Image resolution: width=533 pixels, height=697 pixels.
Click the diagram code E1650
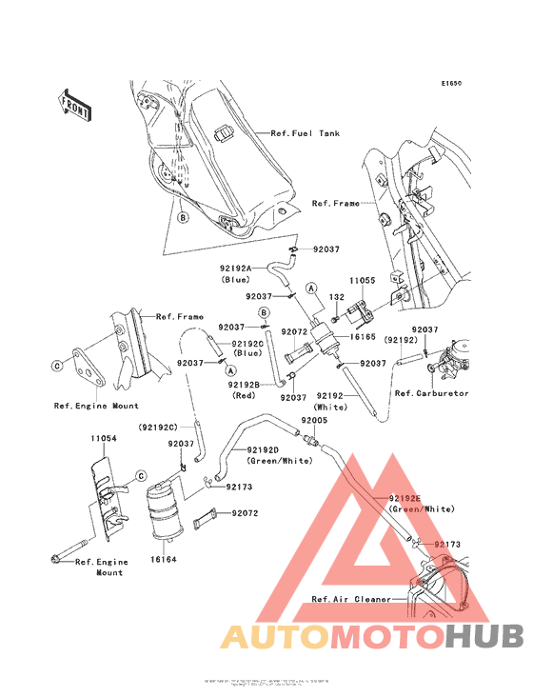click(x=450, y=84)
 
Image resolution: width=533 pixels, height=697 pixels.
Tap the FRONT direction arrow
click(x=75, y=105)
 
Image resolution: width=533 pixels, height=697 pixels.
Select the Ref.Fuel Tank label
click(x=305, y=133)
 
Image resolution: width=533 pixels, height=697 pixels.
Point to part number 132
click(x=336, y=297)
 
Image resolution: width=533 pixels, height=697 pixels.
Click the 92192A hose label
click(x=234, y=269)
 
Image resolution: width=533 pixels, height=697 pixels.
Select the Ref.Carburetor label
click(x=431, y=392)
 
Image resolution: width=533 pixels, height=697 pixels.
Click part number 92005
click(x=314, y=420)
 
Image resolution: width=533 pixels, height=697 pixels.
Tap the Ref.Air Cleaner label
click(x=350, y=599)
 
